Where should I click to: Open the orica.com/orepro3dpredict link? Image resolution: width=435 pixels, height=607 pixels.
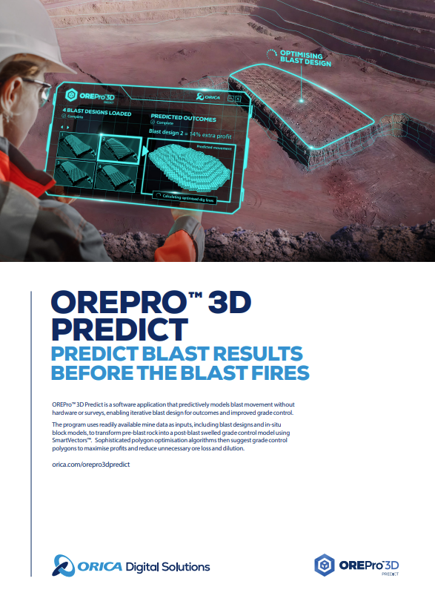(x=91, y=463)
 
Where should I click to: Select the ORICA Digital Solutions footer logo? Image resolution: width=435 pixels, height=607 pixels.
(x=132, y=566)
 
